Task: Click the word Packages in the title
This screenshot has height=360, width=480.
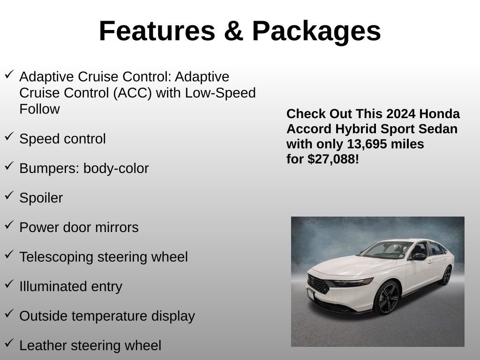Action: click(316, 31)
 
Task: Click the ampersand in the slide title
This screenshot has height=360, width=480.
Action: click(233, 31)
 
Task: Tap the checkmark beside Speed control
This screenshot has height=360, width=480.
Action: click(9, 136)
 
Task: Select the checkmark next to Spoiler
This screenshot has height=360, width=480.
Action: click(9, 195)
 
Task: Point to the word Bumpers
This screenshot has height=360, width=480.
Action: click(49, 169)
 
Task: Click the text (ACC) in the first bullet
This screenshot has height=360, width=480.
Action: click(132, 93)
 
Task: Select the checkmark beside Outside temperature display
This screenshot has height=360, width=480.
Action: click(9, 314)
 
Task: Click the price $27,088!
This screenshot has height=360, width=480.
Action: click(333, 159)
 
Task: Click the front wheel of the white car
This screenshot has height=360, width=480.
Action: click(387, 298)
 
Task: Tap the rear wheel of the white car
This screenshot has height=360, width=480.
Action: click(445, 275)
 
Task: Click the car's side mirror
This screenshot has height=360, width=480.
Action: click(418, 256)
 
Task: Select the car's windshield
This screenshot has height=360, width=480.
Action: click(387, 250)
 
